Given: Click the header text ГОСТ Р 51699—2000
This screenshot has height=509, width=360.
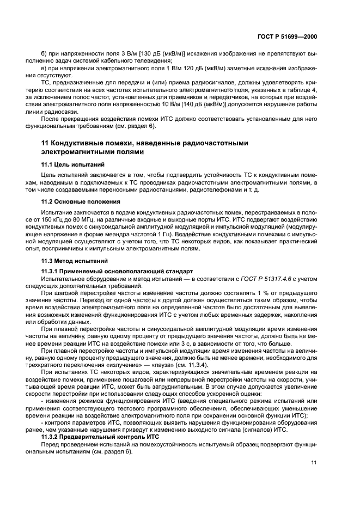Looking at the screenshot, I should [x=288, y=36].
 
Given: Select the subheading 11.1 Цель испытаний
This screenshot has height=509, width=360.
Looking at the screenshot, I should [x=68, y=163].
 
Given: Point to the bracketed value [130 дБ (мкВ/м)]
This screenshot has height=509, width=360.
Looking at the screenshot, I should [x=157, y=54].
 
